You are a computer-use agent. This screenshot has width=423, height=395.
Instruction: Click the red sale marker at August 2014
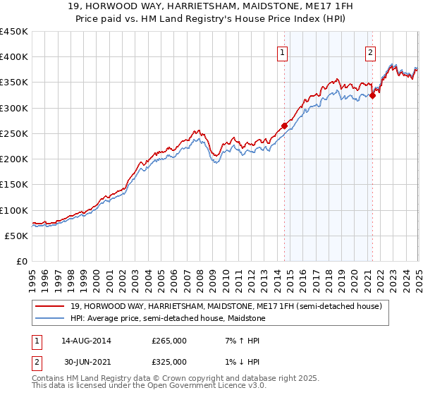click(x=285, y=126)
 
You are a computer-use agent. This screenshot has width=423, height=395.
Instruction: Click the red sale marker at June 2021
click(x=372, y=96)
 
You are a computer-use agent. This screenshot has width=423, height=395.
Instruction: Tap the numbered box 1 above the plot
click(x=282, y=51)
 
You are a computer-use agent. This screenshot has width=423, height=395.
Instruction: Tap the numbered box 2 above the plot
click(x=370, y=51)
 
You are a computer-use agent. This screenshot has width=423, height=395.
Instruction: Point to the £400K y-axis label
click(x=14, y=57)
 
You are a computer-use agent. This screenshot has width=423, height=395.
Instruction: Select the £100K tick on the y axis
click(x=14, y=211)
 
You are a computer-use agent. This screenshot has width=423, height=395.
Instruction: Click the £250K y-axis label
click(x=14, y=134)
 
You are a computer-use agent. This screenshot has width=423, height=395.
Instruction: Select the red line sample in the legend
click(x=51, y=306)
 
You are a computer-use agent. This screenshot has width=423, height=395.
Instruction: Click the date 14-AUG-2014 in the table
click(x=85, y=341)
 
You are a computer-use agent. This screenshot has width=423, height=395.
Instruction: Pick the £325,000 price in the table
click(x=168, y=362)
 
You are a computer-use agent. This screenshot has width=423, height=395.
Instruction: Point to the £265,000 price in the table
click(x=168, y=341)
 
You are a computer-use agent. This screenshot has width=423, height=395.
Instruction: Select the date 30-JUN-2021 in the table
click(x=85, y=362)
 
